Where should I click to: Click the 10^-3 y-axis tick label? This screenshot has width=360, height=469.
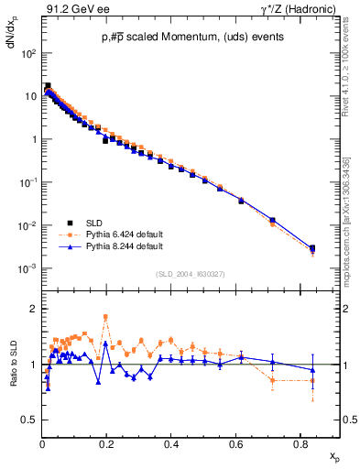pyautogui.click(x=27, y=268)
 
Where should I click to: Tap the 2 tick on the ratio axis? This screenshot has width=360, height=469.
pyautogui.click(x=32, y=309)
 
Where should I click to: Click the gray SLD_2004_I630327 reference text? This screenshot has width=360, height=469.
pyautogui.click(x=187, y=274)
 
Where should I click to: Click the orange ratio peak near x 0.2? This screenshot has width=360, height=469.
pyautogui.click(x=106, y=317)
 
